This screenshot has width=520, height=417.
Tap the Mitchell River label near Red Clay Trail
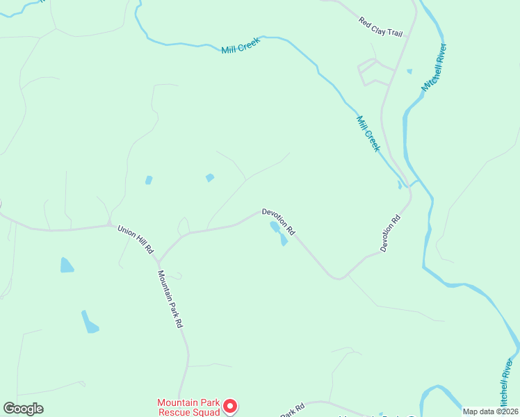[x=434, y=67]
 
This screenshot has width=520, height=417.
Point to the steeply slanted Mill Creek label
[x=368, y=133]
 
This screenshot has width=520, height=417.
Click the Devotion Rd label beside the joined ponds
[x=279, y=221]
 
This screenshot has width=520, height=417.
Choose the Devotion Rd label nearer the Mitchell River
[x=391, y=233]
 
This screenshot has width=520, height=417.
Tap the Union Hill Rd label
[x=136, y=238]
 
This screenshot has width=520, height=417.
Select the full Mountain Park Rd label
[x=170, y=299]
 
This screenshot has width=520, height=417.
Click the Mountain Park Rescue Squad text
[x=188, y=407]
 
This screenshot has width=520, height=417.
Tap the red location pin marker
[x=231, y=406]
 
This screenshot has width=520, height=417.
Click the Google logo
[x=23, y=409]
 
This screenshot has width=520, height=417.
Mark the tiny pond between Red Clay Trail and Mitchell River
[x=409, y=71]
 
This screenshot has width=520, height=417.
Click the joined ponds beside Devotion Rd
[x=279, y=233]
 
